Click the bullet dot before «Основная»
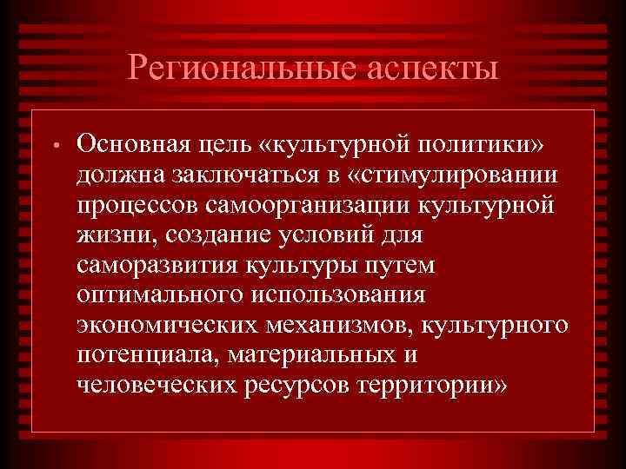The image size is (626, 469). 53,143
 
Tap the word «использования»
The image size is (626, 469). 340,295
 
